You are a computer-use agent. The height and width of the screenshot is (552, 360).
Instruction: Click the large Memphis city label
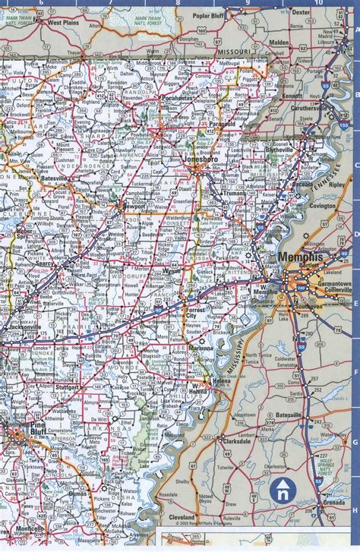point(301,257)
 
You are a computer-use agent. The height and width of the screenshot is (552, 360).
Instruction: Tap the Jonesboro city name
point(201,162)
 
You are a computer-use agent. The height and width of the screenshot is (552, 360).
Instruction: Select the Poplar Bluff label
point(210,14)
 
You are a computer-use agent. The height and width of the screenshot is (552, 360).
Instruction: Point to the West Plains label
point(65,23)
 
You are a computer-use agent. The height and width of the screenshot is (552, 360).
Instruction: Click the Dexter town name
point(302,12)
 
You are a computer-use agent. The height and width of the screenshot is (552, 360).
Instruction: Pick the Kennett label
point(291,96)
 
